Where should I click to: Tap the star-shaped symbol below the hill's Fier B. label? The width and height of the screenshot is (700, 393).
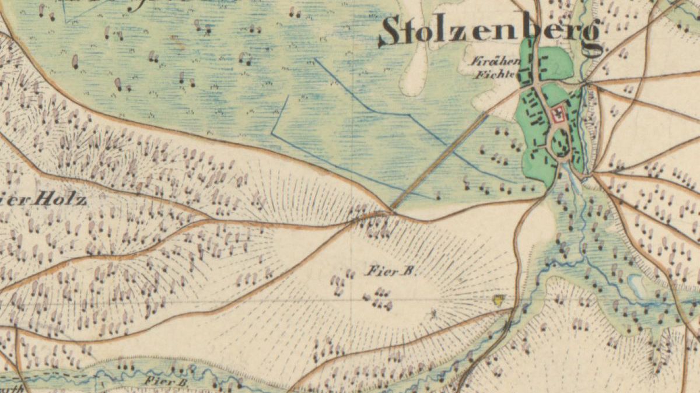pos(434,315)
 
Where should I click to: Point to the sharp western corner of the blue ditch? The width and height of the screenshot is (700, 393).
pos(272,133)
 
